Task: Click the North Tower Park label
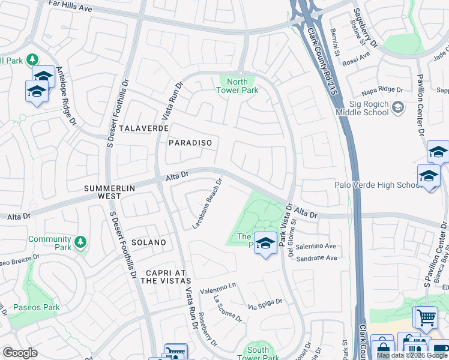tap(238, 86)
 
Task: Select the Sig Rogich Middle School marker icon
tap(397, 107)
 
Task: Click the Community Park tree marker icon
tap(80, 242)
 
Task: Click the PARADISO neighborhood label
tap(190, 143)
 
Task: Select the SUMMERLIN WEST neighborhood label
tap(109, 188)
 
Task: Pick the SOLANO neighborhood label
tap(148, 242)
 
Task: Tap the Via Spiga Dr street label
tap(265, 304)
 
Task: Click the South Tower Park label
tap(258, 353)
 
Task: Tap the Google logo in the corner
tap(20, 352)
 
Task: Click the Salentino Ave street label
tap(315, 246)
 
